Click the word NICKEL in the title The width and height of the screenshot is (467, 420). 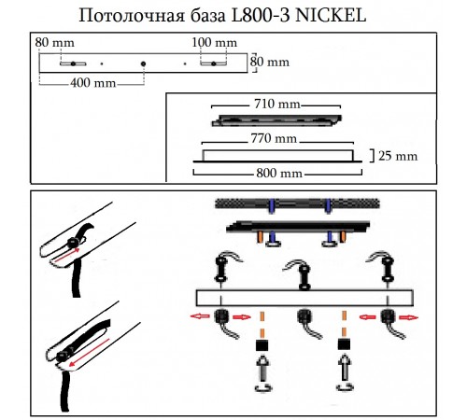(x=330, y=15)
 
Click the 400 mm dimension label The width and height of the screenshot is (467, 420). (x=93, y=83)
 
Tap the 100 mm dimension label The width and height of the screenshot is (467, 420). (x=214, y=42)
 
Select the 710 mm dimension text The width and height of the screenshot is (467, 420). (x=277, y=104)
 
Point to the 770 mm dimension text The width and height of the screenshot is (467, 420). (x=274, y=138)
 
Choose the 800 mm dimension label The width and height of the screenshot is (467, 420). (x=279, y=173)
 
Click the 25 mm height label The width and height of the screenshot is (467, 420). (x=398, y=156)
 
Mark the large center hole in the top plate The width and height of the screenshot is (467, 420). (x=143, y=63)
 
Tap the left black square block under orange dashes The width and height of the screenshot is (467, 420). (x=262, y=345)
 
